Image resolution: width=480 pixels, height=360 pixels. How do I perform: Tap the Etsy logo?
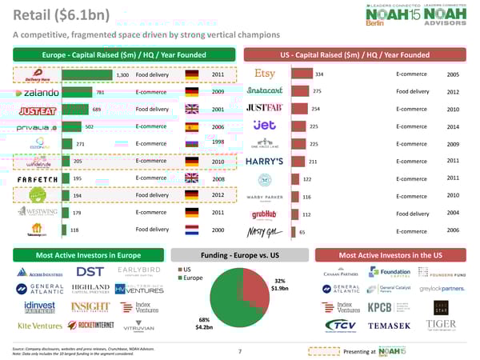(263, 74)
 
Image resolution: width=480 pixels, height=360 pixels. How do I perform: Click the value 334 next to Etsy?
(320, 74)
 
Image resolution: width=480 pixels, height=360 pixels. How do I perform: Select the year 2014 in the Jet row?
(454, 126)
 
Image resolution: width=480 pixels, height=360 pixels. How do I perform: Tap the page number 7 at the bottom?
(239, 350)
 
